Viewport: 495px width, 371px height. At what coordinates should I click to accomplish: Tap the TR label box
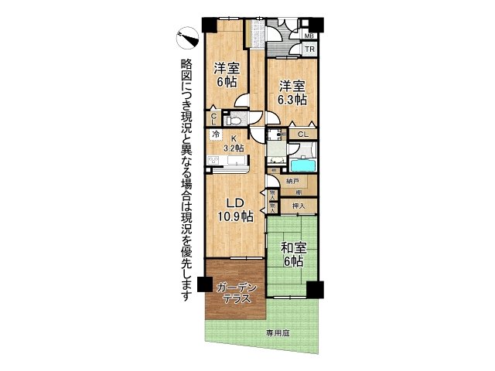pyautogui.click(x=309, y=50)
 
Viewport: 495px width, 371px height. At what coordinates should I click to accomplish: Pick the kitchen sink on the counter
pyautogui.click(x=234, y=161)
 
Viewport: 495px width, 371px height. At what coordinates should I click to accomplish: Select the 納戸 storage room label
pyautogui.click(x=292, y=181)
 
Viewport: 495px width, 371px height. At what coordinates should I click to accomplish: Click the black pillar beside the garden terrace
pyautogui.click(x=203, y=284)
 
